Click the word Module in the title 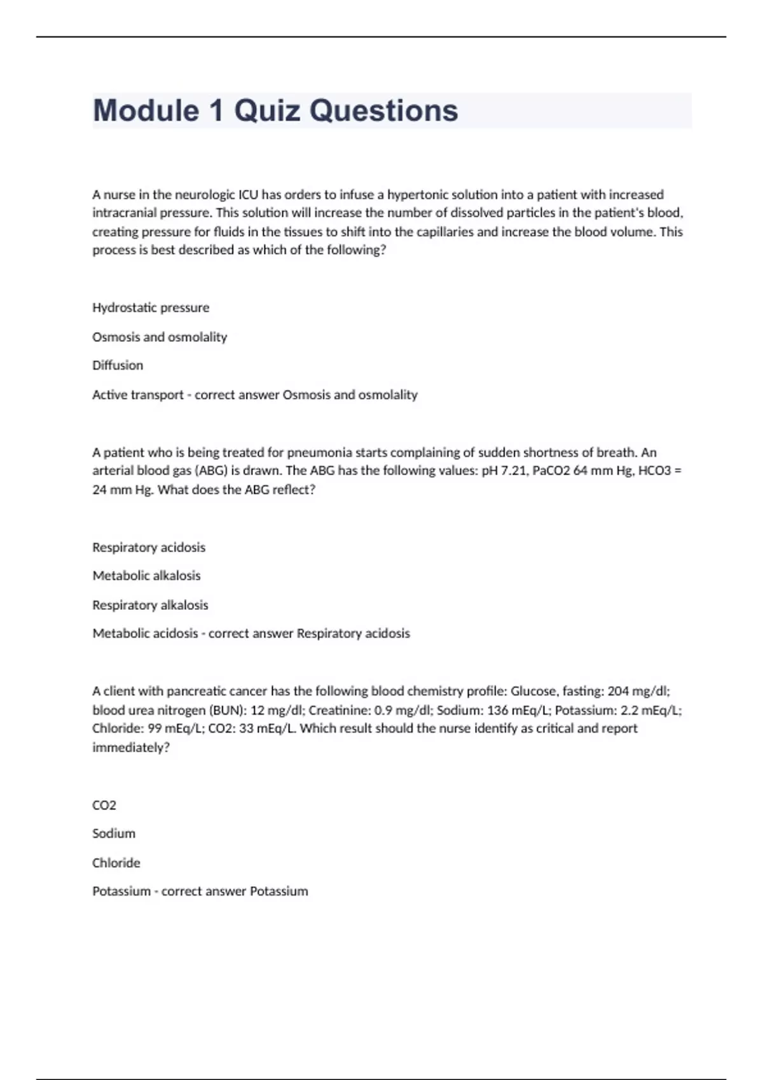pyautogui.click(x=146, y=111)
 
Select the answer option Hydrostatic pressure pyautogui.click(x=151, y=307)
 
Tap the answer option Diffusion pyautogui.click(x=118, y=365)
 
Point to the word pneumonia pyautogui.click(x=320, y=452)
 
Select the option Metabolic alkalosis pyautogui.click(x=146, y=576)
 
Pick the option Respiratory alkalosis pyautogui.click(x=150, y=605)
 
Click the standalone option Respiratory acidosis pyautogui.click(x=149, y=547)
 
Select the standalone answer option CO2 pyautogui.click(x=104, y=806)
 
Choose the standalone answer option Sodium pyautogui.click(x=114, y=834)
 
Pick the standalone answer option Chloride pyautogui.click(x=116, y=863)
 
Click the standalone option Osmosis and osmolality pyautogui.click(x=160, y=337)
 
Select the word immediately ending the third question pyautogui.click(x=130, y=748)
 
